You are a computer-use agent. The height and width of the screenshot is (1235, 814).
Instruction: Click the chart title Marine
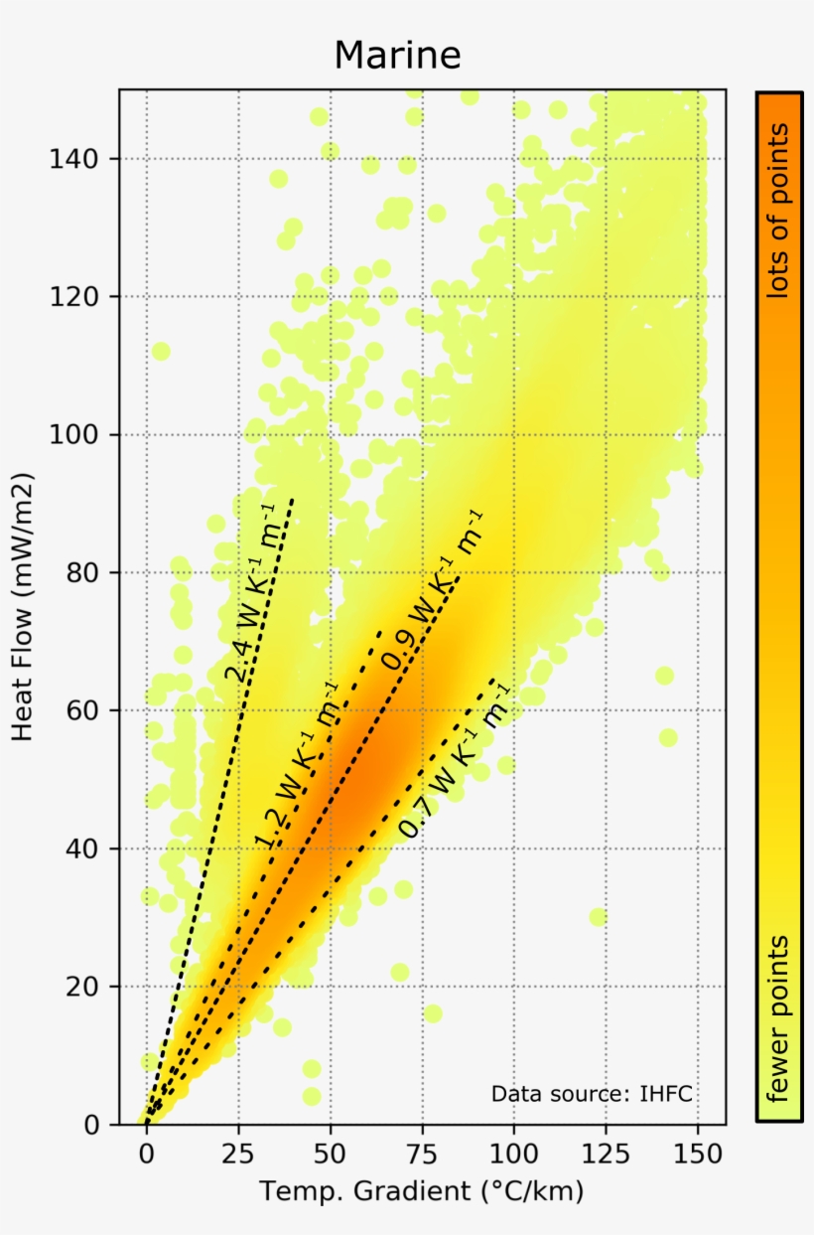pyautogui.click(x=397, y=55)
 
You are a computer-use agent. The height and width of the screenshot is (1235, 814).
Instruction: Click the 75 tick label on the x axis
pyautogui.click(x=422, y=1157)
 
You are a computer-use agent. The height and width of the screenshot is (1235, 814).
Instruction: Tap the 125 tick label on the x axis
pyautogui.click(x=606, y=1157)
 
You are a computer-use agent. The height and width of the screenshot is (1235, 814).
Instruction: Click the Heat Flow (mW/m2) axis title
pyautogui.click(x=24, y=606)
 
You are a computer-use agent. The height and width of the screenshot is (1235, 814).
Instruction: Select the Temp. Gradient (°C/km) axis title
pyautogui.click(x=422, y=1191)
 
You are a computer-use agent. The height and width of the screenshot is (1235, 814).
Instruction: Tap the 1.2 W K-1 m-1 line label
pyautogui.click(x=296, y=765)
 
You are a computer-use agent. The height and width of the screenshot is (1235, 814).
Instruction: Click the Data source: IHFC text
pyautogui.click(x=592, y=1094)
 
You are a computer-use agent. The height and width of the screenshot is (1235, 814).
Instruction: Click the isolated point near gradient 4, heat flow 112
pyautogui.click(x=161, y=351)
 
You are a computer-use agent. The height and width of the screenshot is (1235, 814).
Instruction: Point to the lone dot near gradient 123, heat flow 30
pyautogui.click(x=597, y=916)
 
